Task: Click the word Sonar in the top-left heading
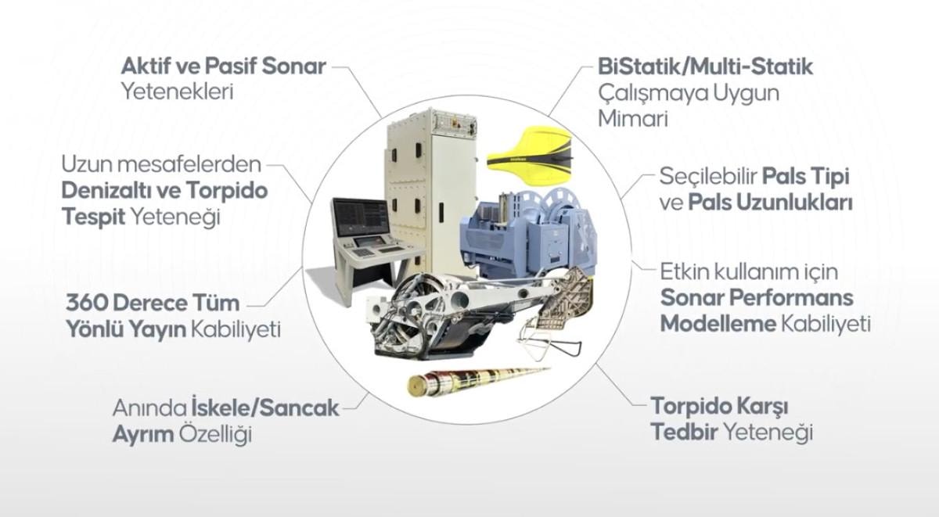(293, 66)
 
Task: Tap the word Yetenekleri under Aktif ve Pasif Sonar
(178, 92)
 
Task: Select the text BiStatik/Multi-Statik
(705, 67)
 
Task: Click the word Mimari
(632, 119)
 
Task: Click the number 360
(86, 303)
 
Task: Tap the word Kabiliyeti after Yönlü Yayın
(236, 330)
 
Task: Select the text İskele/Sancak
(265, 407)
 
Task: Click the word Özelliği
(216, 434)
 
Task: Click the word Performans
(791, 298)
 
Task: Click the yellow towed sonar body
(530, 156)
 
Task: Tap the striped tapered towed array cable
(478, 379)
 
